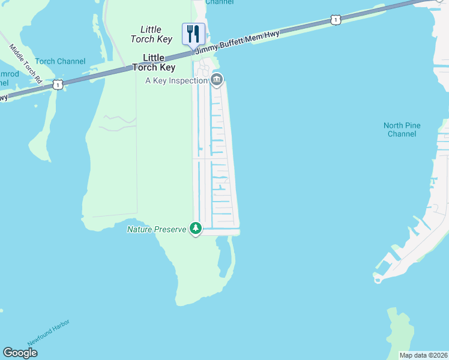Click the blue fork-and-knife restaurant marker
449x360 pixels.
click(x=193, y=34)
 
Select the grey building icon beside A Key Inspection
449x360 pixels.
click(x=217, y=79)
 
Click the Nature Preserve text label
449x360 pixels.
click(x=156, y=229)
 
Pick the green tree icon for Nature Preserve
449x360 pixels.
click(x=195, y=228)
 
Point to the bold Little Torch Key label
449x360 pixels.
click(x=158, y=62)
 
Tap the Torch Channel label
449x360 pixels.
click(x=60, y=61)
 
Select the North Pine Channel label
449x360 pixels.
click(x=402, y=130)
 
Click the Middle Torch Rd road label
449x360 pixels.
click(x=25, y=62)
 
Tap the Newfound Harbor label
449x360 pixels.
click(x=49, y=332)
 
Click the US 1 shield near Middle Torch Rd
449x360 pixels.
click(x=58, y=84)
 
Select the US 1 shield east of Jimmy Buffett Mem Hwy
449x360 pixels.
click(x=335, y=20)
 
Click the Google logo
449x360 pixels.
click(x=20, y=353)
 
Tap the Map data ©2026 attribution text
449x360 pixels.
click(x=423, y=355)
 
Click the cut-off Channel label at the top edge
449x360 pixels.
click(x=220, y=2)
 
